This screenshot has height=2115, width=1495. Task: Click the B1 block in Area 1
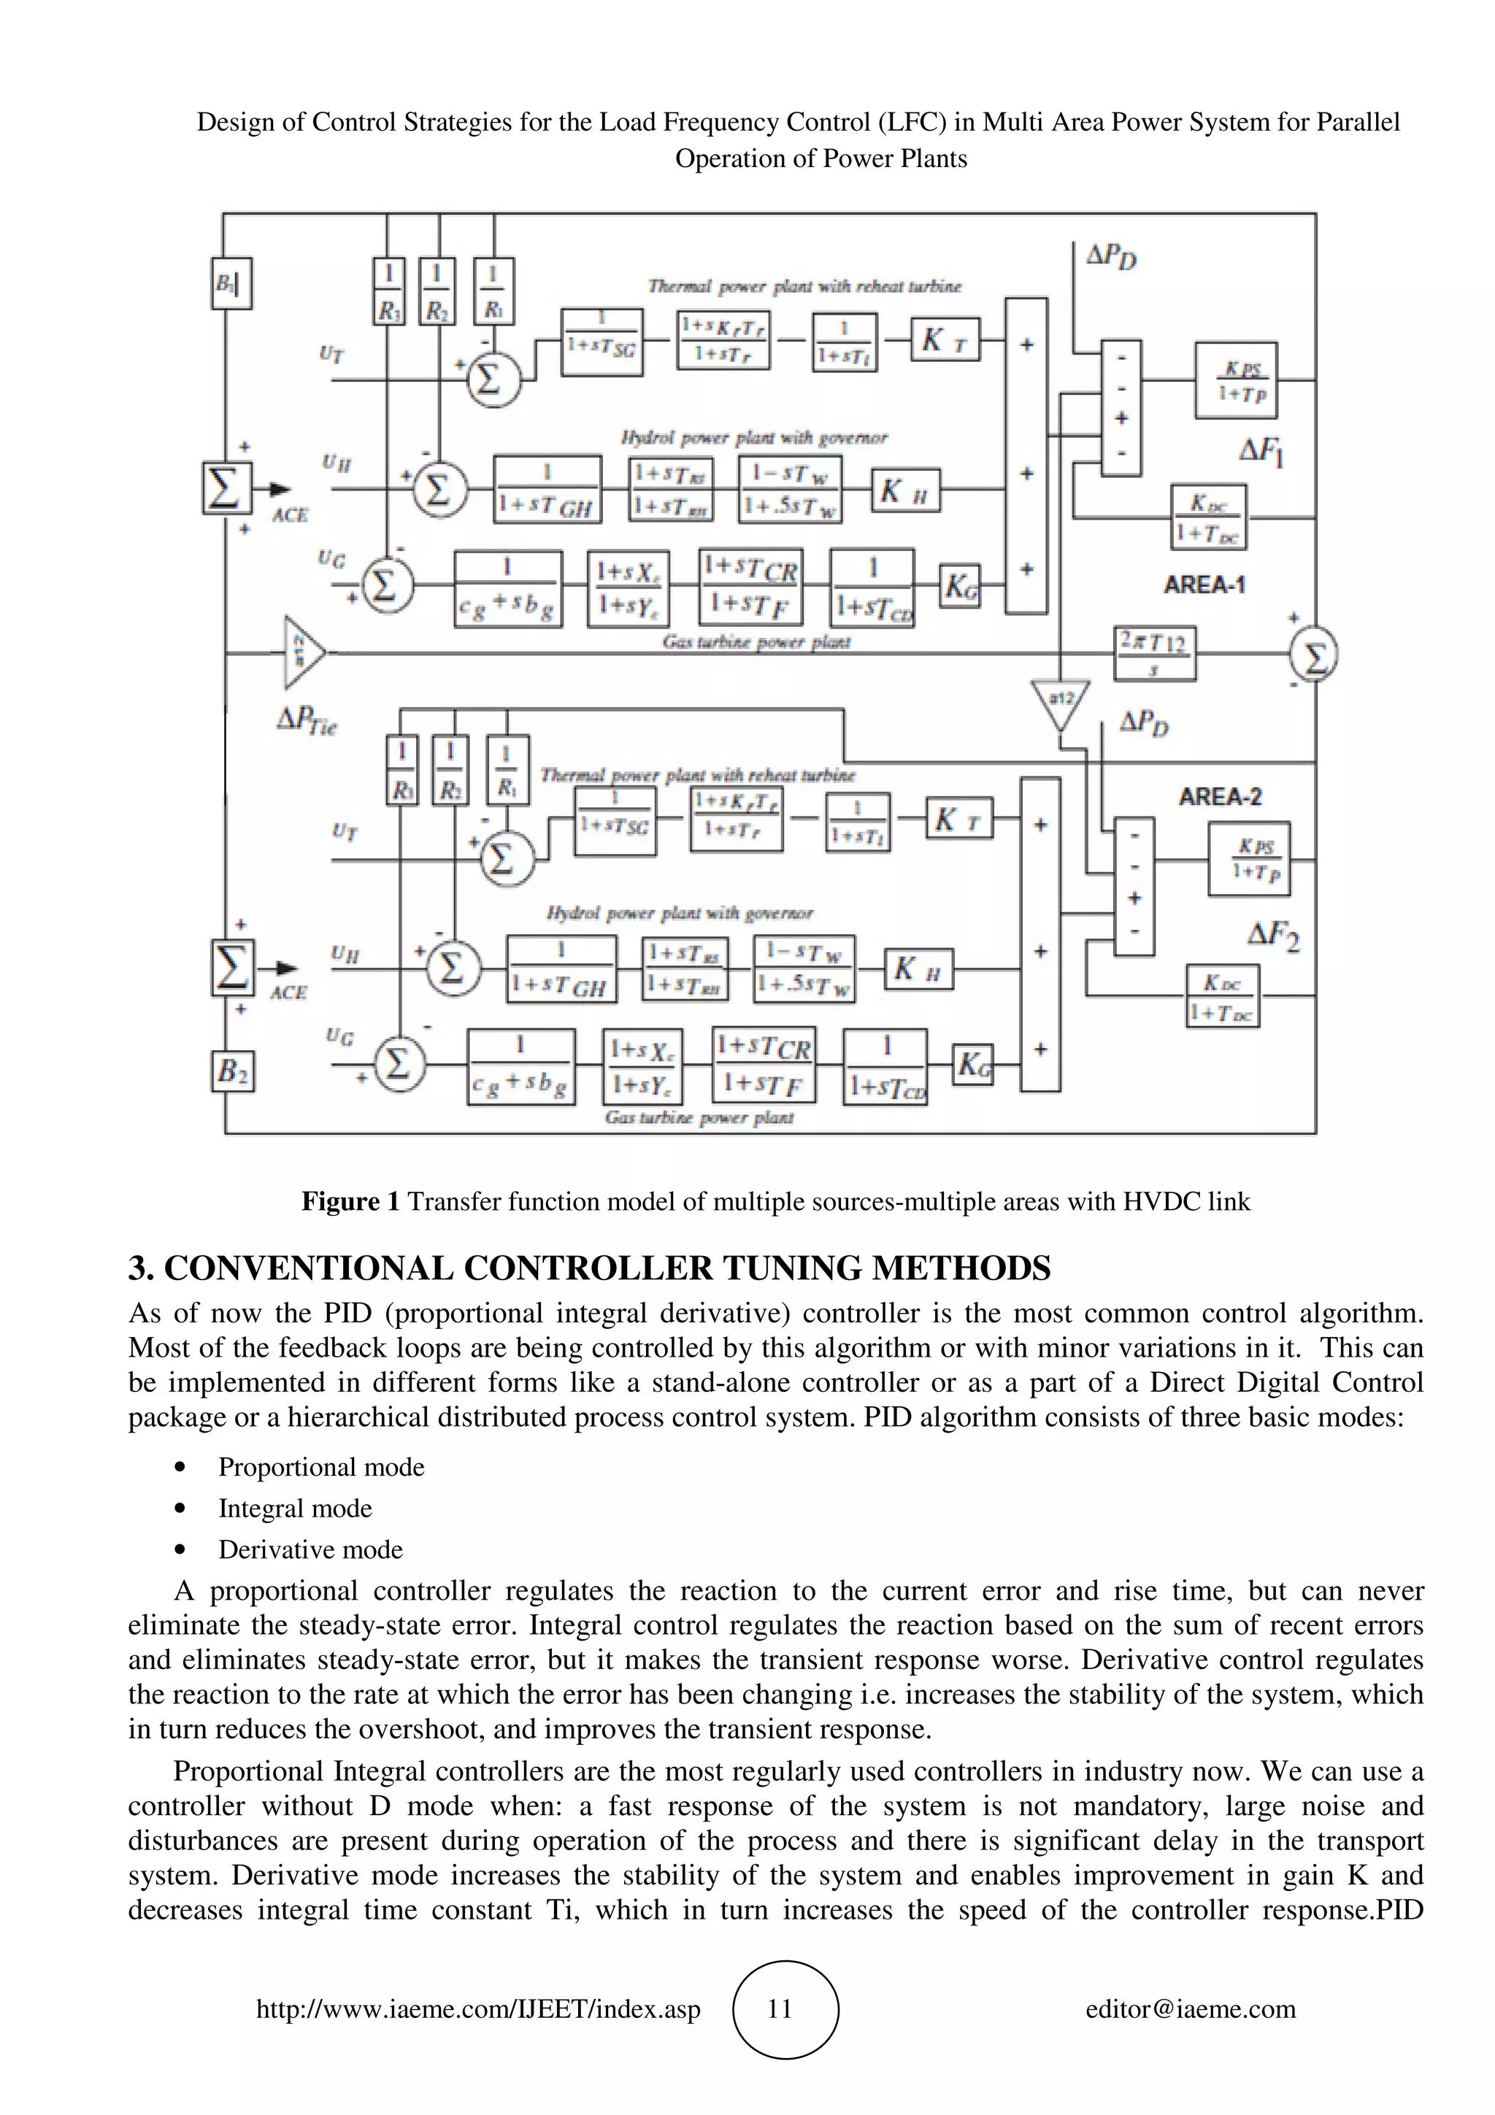coord(232,284)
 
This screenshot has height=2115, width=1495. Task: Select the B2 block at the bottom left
coord(232,1071)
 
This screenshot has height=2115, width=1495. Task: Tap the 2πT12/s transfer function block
coord(1153,653)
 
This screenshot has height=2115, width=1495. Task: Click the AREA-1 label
coord(1204,585)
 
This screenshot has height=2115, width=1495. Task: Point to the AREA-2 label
coord(1220,797)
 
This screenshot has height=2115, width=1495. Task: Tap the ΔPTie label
coord(307,720)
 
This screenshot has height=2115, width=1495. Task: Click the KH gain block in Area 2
coord(918,968)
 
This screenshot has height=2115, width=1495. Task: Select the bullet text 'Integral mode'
coord(295,1508)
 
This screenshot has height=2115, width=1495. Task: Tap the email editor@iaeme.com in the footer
coord(1190,2008)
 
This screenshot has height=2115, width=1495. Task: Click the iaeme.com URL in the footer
coord(478,2008)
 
